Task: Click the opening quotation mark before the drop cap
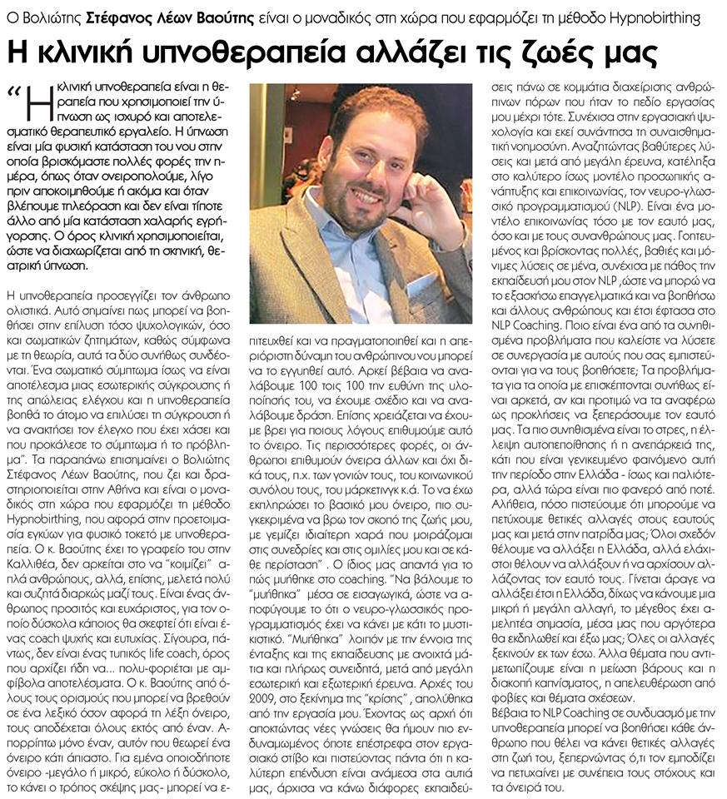tap(12, 90)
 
